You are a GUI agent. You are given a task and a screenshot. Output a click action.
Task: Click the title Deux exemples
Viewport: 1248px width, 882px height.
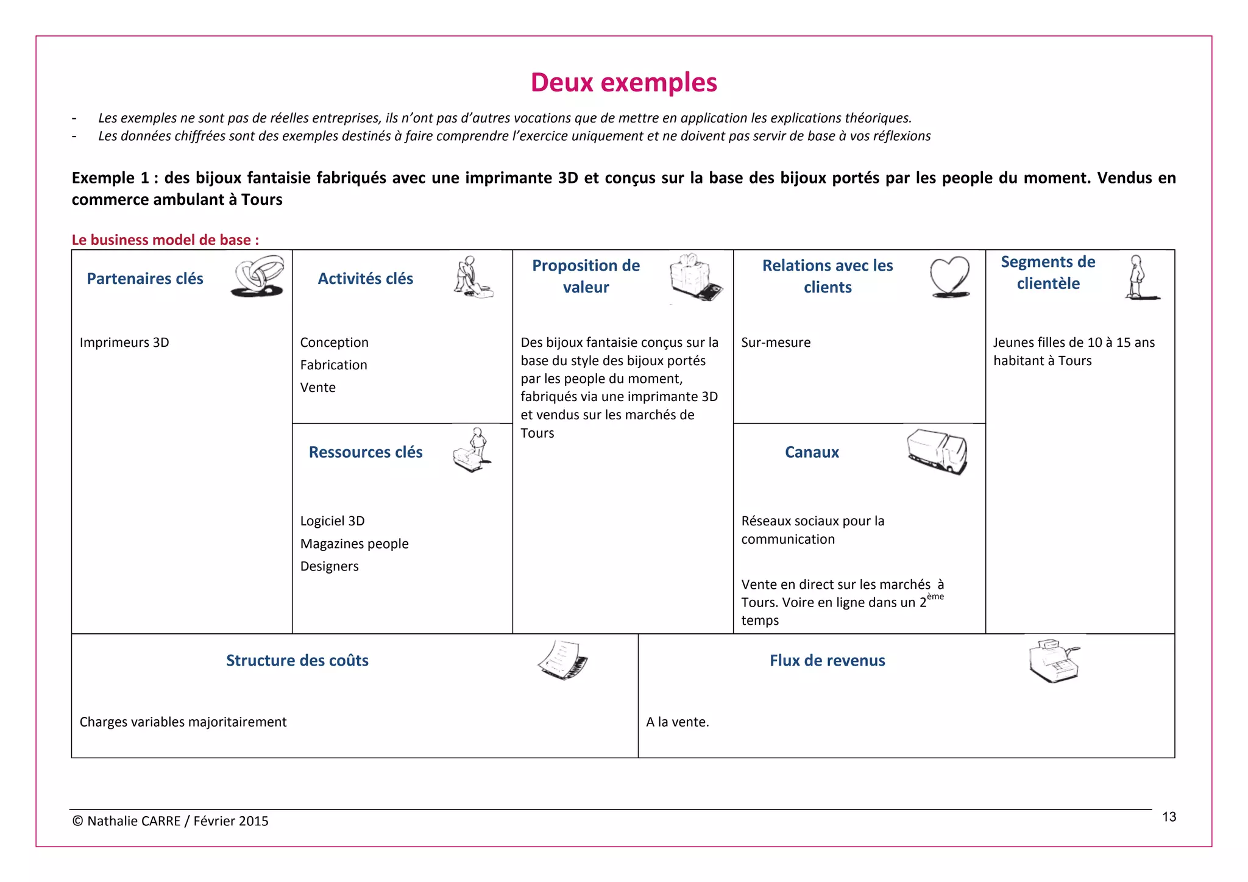tap(623, 82)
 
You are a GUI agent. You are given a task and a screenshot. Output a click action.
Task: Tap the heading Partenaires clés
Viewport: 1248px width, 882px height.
tap(145, 279)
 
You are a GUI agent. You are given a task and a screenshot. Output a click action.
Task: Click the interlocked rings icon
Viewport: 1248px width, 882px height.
tap(258, 276)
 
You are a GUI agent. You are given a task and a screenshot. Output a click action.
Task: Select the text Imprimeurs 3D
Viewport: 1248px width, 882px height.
tap(124, 343)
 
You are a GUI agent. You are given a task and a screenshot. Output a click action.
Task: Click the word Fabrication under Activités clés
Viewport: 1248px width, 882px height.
tap(333, 365)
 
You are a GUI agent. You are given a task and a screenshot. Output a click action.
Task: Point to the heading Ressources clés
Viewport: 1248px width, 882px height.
tap(365, 452)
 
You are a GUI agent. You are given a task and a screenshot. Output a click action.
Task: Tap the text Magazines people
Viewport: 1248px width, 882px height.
tap(354, 544)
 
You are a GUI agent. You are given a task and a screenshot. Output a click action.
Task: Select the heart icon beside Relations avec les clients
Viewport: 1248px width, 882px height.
tap(949, 277)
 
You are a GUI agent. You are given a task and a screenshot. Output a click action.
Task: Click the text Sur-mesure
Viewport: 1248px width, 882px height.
tap(776, 343)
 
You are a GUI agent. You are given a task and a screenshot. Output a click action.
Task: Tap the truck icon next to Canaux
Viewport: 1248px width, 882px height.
tap(937, 450)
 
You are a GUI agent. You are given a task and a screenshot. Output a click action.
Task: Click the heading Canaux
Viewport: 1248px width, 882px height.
tap(812, 452)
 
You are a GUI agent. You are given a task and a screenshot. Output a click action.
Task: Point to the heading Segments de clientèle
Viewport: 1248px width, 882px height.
tap(1048, 272)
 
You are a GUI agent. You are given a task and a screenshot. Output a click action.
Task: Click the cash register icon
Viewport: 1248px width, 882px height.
tap(1054, 661)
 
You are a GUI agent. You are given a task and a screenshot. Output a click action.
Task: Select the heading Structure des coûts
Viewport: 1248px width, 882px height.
tap(297, 661)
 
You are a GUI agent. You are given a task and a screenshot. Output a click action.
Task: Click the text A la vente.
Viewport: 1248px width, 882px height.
tap(677, 722)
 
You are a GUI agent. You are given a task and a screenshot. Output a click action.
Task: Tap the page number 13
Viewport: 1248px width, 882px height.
tap(1168, 817)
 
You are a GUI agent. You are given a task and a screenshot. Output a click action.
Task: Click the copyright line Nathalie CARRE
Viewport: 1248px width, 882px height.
tap(170, 821)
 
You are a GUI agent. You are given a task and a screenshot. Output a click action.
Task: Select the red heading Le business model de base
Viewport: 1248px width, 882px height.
tap(165, 240)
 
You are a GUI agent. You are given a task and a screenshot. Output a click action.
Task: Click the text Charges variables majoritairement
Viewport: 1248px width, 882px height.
tap(183, 722)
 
